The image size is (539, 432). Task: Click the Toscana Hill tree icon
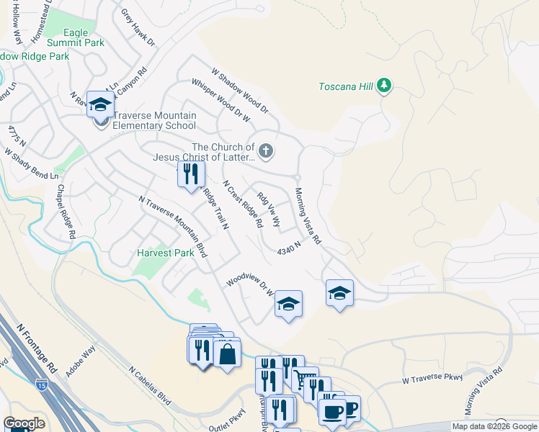click(385, 86)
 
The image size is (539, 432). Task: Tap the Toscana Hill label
click(346, 87)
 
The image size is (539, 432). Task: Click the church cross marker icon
click(267, 150)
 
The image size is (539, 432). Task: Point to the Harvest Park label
click(166, 253)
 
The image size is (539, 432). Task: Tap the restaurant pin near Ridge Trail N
click(191, 174)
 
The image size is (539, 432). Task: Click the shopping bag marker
click(227, 354)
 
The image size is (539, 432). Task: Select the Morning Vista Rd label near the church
click(307, 216)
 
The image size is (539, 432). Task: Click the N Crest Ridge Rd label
click(242, 204)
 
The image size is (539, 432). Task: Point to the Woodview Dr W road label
click(251, 283)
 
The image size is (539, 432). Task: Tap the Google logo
click(24, 423)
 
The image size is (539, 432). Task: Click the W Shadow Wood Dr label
click(239, 91)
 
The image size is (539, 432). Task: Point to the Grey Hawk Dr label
click(138, 27)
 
